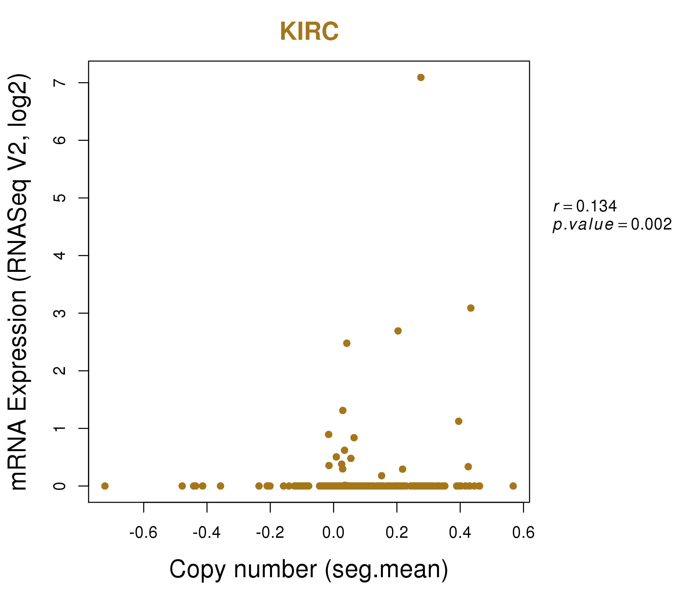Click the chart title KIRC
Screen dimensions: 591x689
click(309, 32)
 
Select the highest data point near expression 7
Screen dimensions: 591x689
click(421, 77)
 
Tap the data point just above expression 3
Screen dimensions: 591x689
click(470, 308)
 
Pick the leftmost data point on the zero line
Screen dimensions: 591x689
click(105, 486)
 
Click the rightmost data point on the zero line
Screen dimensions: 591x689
click(513, 486)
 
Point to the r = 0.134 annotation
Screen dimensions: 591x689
click(585, 206)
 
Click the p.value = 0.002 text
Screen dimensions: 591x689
click(612, 225)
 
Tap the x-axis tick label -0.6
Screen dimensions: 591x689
click(143, 533)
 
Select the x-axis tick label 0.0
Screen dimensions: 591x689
click(333, 533)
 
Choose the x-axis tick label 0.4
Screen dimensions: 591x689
click(460, 533)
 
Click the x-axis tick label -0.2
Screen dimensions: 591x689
click(270, 533)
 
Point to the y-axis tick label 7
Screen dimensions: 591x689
click(60, 83)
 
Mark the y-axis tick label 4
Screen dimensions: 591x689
click(60, 255)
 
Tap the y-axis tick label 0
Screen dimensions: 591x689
click(60, 486)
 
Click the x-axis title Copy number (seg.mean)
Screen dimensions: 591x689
click(309, 569)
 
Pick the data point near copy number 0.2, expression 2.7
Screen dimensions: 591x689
click(398, 331)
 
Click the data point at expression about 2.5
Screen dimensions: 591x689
click(346, 343)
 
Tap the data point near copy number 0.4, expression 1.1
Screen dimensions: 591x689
click(459, 421)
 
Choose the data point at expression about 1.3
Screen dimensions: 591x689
click(343, 410)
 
